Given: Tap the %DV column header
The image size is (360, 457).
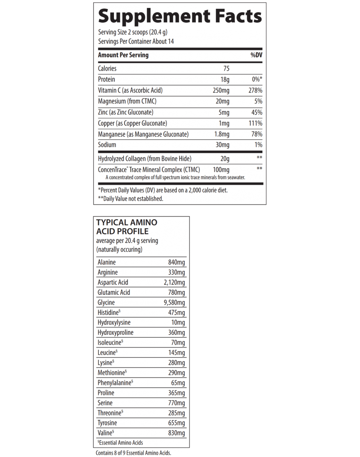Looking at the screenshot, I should click(x=256, y=55).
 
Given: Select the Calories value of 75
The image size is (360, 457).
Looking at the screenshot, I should click(x=226, y=68).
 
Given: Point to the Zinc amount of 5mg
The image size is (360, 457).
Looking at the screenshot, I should click(x=224, y=112).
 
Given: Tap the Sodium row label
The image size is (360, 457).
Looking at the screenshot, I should click(x=107, y=145).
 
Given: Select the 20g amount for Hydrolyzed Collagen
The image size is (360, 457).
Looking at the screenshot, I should click(x=225, y=159).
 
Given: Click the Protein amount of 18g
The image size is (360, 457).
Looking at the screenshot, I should click(x=225, y=80).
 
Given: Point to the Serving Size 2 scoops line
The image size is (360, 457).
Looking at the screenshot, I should click(x=135, y=32).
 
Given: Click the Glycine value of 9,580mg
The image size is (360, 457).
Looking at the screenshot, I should click(x=174, y=303).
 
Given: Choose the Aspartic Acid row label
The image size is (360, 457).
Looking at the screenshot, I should click(x=113, y=283).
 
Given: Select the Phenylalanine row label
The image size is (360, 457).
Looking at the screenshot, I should click(x=115, y=383).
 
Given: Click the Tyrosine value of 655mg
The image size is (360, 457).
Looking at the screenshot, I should click(x=176, y=423).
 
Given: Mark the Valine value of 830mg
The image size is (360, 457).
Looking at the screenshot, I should click(x=176, y=433).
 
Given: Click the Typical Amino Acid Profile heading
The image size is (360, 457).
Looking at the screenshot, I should click(x=127, y=227).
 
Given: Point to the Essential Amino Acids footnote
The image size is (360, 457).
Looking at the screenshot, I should click(x=120, y=443).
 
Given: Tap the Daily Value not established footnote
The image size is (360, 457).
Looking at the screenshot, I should click(x=131, y=199).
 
